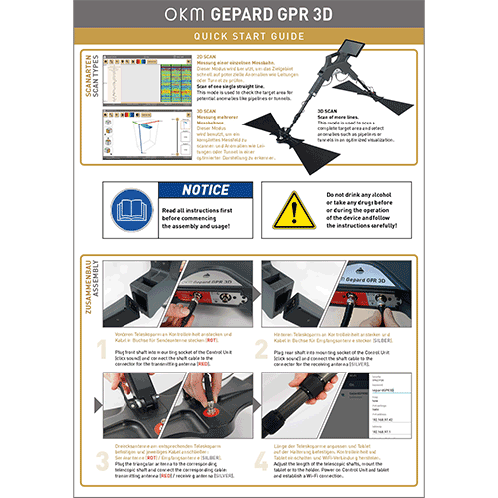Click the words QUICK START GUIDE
pyautogui.click(x=248, y=38)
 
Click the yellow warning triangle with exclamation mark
pyautogui.click(x=293, y=208)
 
